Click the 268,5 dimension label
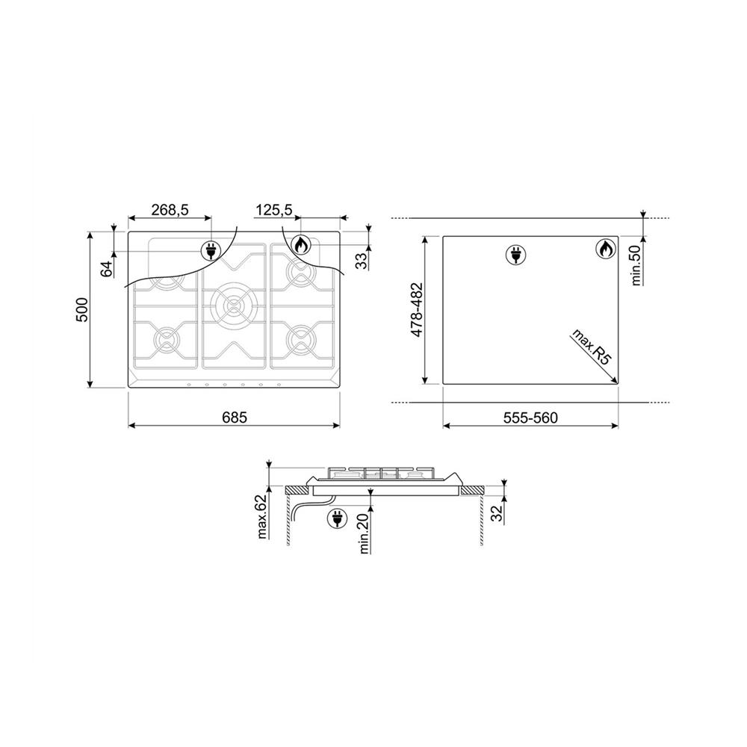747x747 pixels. [170, 210]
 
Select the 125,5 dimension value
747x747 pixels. [274, 210]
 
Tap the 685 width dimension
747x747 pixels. [235, 418]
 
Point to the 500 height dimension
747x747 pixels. [82, 310]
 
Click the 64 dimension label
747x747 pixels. [107, 269]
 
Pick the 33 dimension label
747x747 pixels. [362, 261]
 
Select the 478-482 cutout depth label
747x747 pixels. [417, 310]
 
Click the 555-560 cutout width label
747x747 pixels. [530, 418]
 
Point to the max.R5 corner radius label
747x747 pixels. [591, 347]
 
